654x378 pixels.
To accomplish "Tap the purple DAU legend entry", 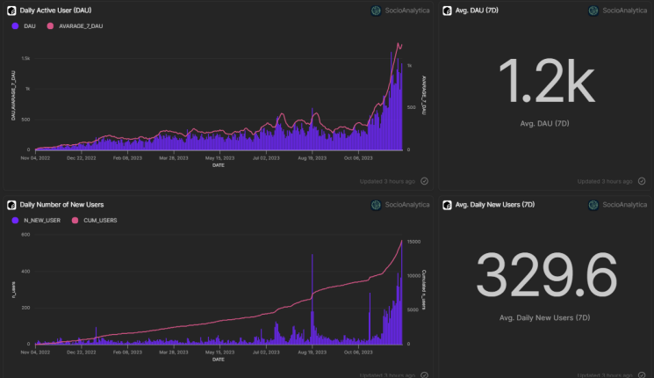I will point(27,26).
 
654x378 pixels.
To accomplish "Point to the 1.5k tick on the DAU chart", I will point(26,58).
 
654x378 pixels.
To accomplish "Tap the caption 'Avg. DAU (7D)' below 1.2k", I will point(546,123).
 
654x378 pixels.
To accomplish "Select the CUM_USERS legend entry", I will point(98,220).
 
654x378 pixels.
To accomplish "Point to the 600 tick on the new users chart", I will point(25,235).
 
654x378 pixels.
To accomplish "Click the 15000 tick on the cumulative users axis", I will point(414,241).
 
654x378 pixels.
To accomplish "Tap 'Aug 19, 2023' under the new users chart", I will point(312,353).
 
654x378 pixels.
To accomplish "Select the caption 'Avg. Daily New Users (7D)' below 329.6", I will point(546,316).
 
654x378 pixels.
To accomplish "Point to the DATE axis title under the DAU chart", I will point(217,164).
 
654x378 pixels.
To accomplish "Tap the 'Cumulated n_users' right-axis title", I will point(425,288).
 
